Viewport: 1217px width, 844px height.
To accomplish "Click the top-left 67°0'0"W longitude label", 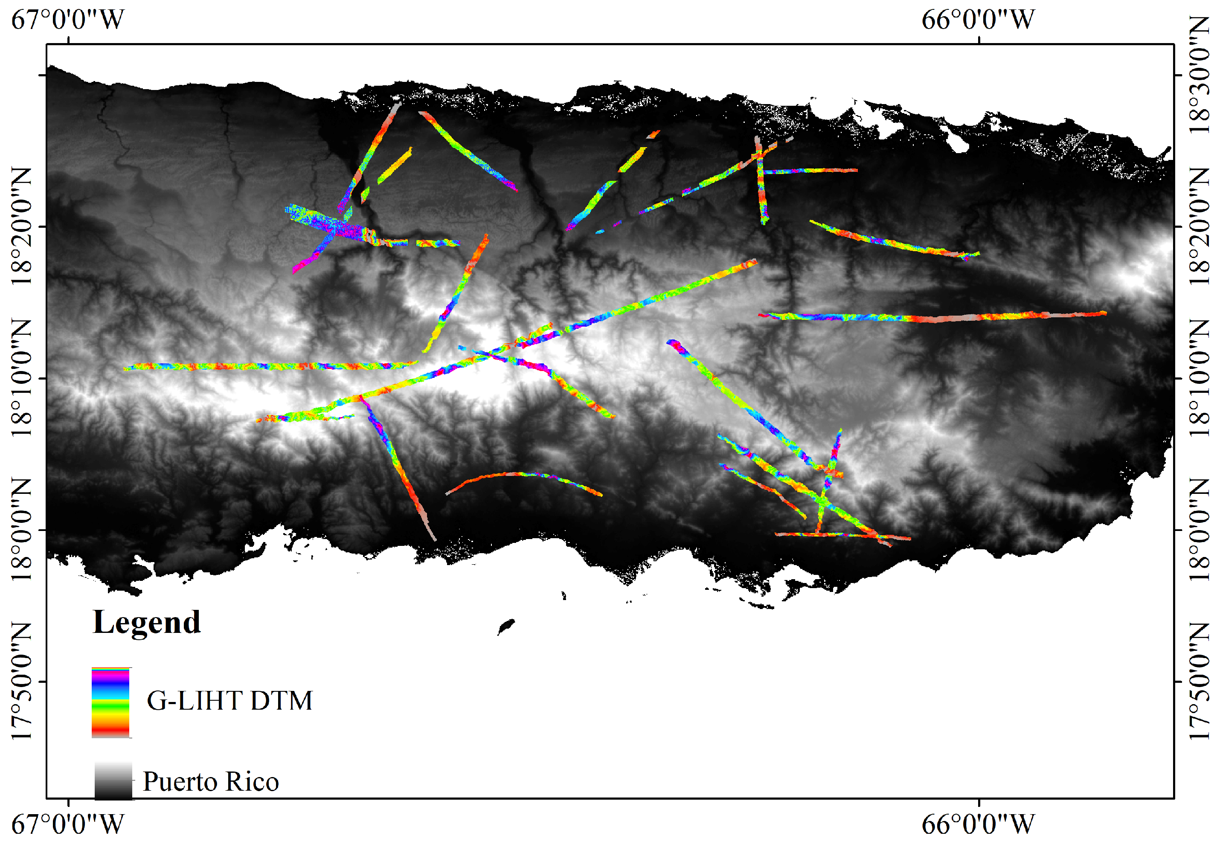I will coord(68,20).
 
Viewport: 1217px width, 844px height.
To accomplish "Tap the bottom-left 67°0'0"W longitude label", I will coord(68,824).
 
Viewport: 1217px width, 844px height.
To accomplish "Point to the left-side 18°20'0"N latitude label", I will coord(21,226).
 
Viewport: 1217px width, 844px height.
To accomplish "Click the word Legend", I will coord(146,622).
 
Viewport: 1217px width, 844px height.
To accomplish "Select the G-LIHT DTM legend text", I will coord(229,701).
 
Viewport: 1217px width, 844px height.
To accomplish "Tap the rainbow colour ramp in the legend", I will coord(110,702).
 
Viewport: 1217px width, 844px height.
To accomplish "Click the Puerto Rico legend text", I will coord(210,782).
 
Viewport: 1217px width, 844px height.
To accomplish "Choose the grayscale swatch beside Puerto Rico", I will coord(113,780).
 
